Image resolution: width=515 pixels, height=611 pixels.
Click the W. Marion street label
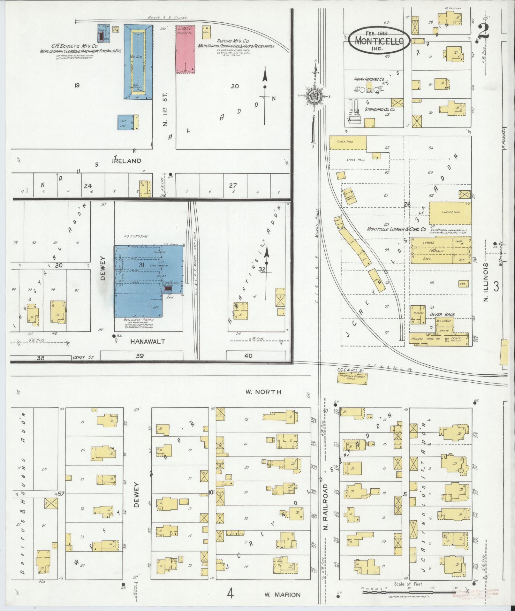point(282,595)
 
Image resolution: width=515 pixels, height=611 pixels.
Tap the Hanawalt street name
point(148,341)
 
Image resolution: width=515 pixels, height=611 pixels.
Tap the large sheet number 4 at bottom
point(230,594)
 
